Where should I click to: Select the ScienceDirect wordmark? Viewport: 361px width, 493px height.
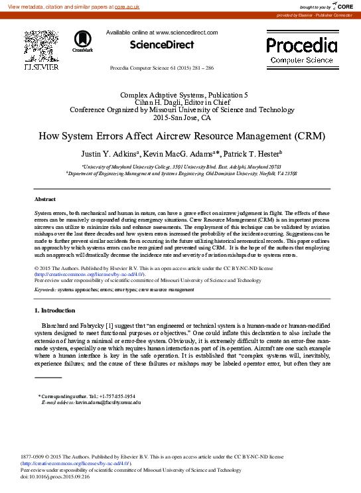pyautogui.click(x=162, y=45)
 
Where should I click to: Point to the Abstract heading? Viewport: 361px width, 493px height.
pyautogui.click(x=45, y=198)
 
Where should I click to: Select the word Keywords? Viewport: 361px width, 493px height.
pyautogui.click(x=44, y=290)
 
